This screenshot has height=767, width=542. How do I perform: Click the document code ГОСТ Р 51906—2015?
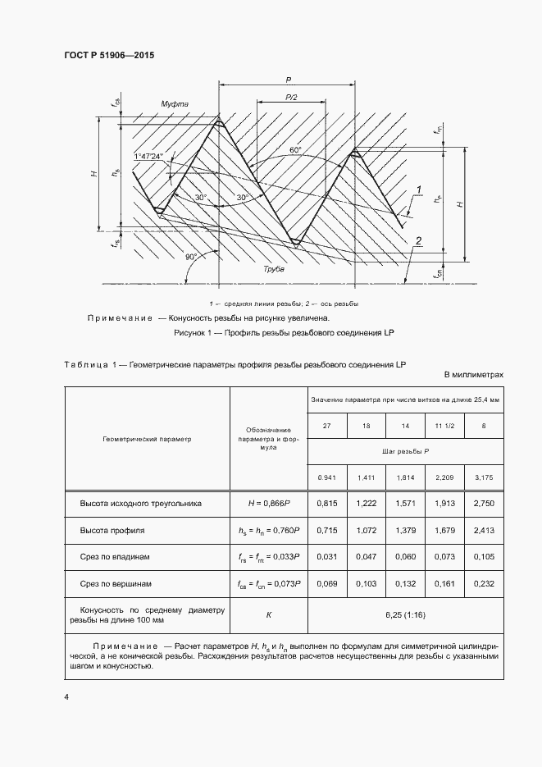click(109, 55)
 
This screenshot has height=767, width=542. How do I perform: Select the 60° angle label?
click(294, 150)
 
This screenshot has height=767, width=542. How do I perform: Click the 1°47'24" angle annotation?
click(148, 156)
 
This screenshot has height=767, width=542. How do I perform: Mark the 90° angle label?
click(191, 257)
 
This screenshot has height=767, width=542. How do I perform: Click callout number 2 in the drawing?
click(418, 240)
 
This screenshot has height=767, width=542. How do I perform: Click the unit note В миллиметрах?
click(473, 374)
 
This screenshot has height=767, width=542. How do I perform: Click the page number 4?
click(66, 696)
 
